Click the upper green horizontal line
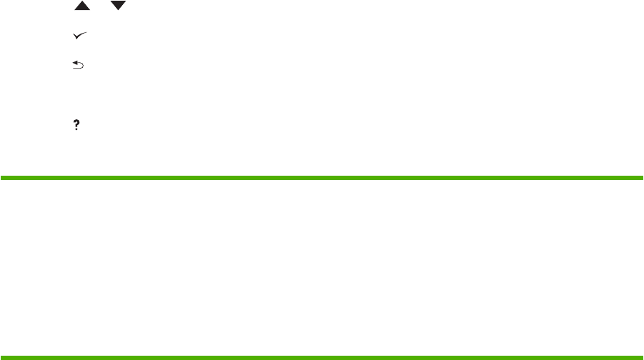tap(322, 177)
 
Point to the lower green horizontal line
tap(322, 356)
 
